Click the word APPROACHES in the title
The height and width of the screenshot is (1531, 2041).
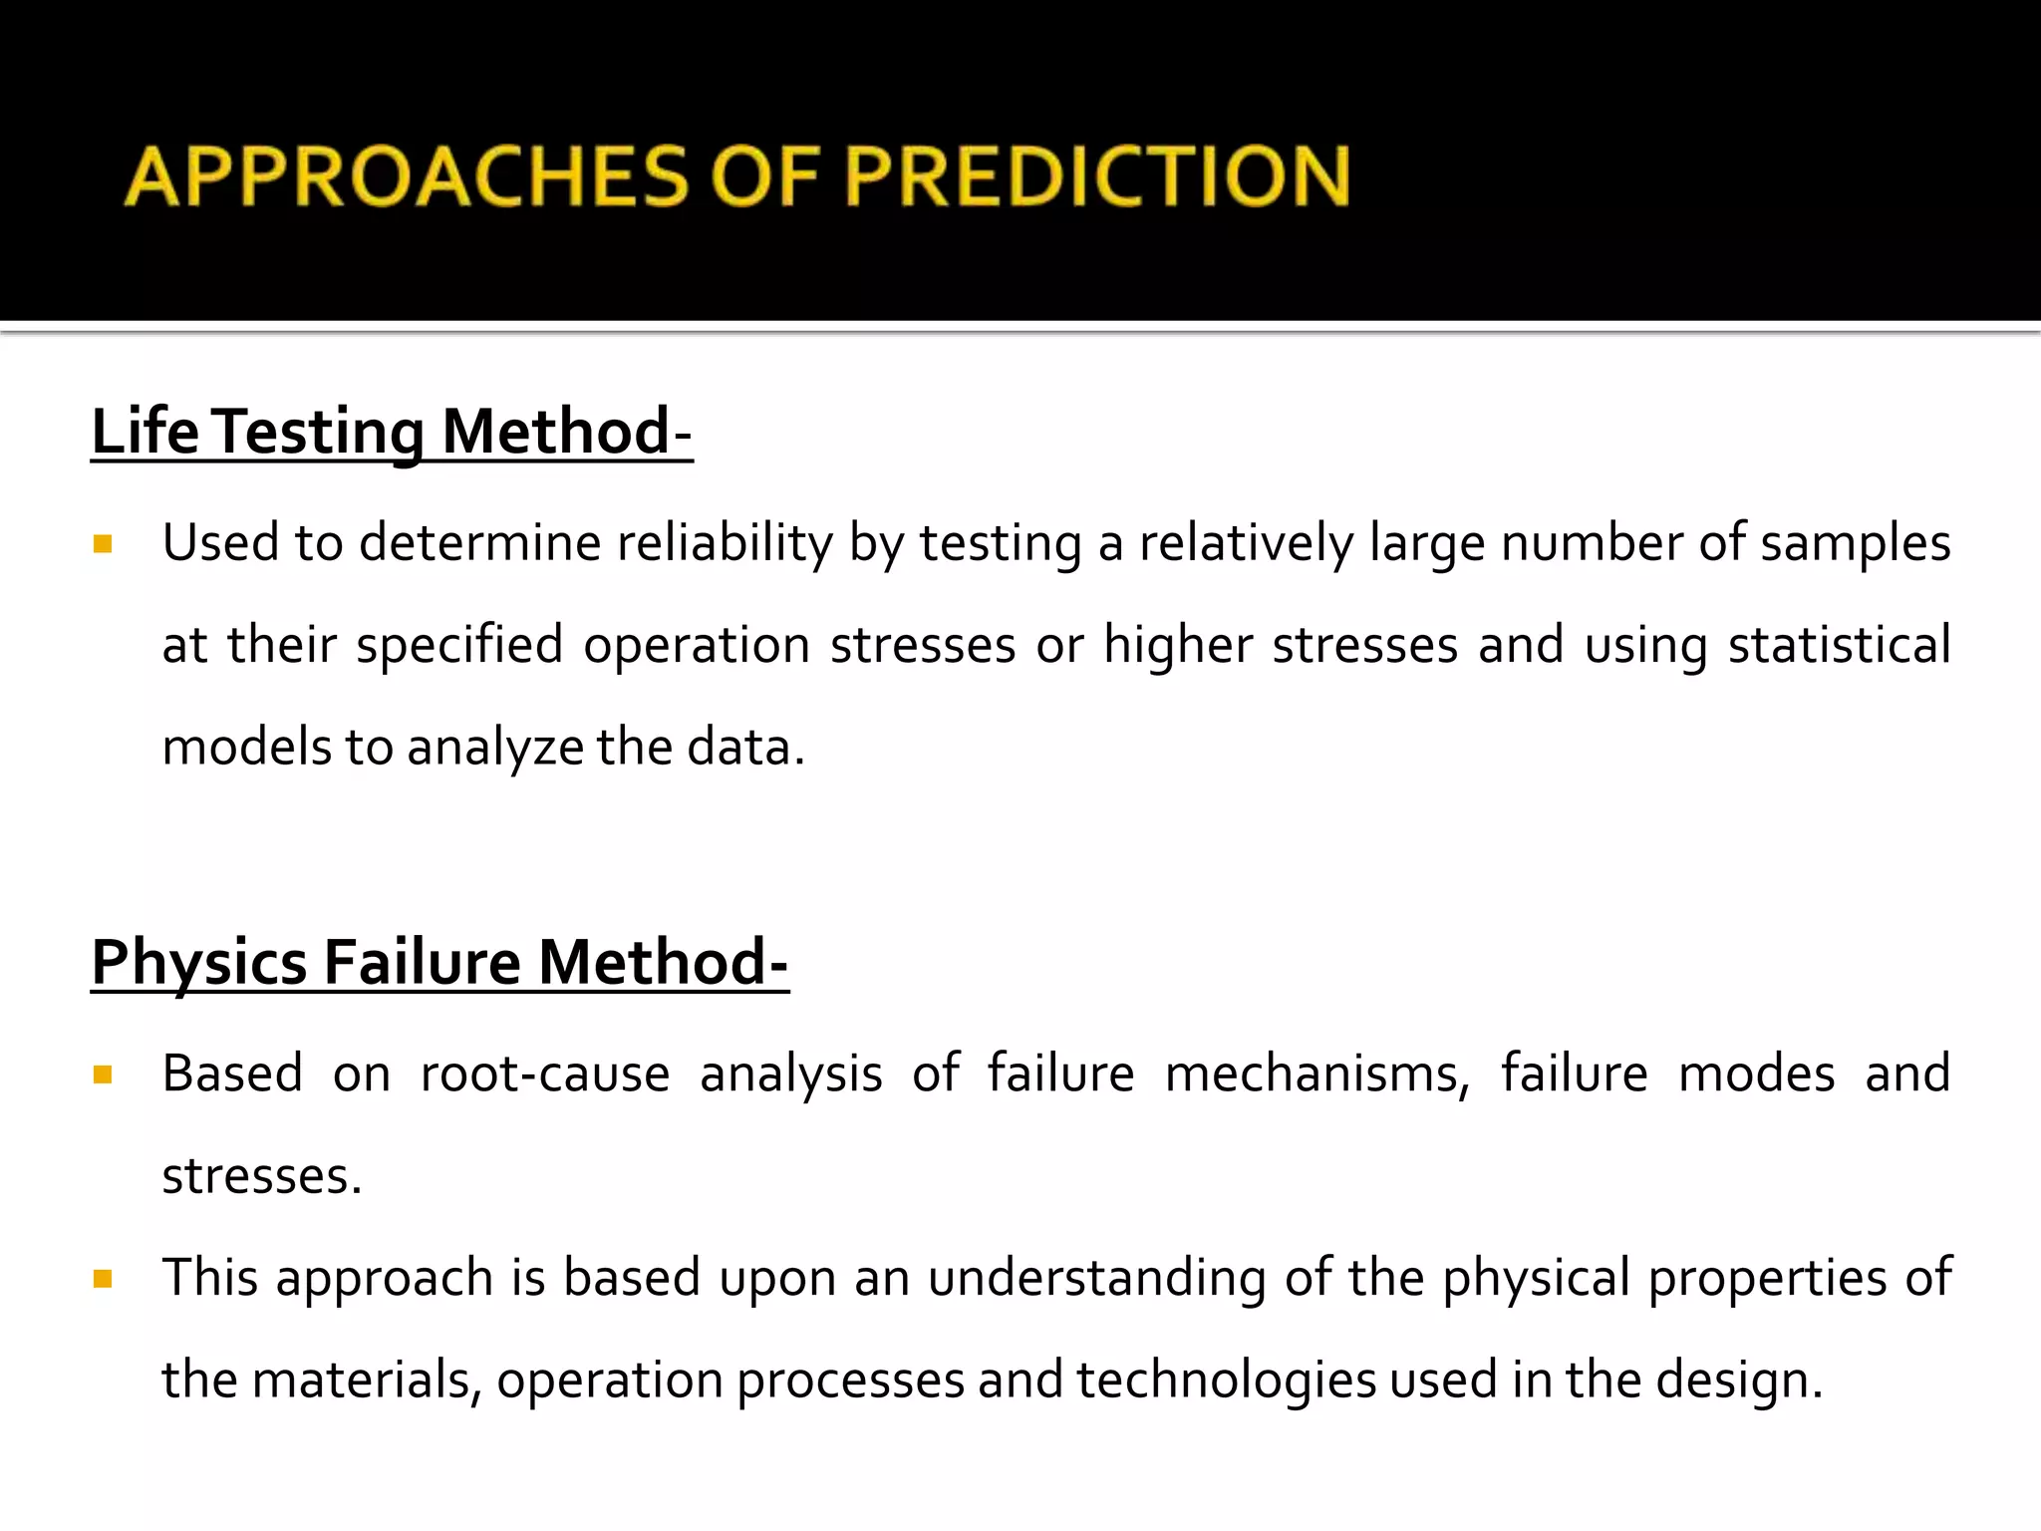pyautogui.click(x=407, y=176)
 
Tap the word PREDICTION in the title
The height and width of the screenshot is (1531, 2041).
pyautogui.click(x=1097, y=176)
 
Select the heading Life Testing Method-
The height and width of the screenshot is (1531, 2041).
pyautogui.click(x=392, y=433)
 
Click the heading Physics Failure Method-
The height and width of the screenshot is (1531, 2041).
pyautogui.click(x=439, y=963)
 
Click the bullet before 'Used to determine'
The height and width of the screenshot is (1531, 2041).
pyautogui.click(x=102, y=544)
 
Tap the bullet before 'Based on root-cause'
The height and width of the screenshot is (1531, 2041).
pyautogui.click(x=102, y=1074)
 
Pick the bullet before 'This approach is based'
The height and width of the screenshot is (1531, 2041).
pyautogui.click(x=102, y=1279)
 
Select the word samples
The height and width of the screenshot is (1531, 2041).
pyautogui.click(x=1855, y=544)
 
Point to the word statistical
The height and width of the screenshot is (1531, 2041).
pyautogui.click(x=1839, y=646)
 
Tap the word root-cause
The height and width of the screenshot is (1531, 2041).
pyautogui.click(x=545, y=1074)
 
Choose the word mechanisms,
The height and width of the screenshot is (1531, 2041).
pyautogui.click(x=1316, y=1074)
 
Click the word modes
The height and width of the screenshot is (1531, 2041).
pyautogui.click(x=1756, y=1074)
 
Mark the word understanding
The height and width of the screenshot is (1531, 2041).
pyautogui.click(x=1096, y=1279)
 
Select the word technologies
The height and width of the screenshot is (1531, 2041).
pyautogui.click(x=1226, y=1381)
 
